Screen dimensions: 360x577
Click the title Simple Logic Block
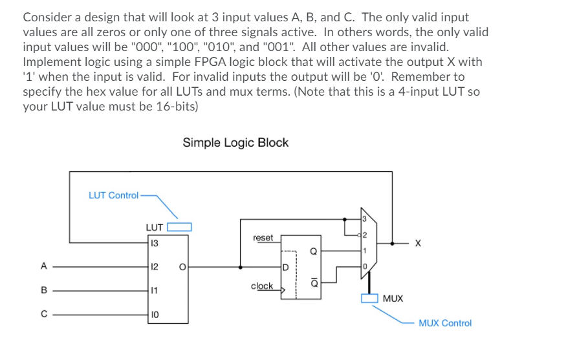coord(235,143)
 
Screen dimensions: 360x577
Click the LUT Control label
coord(113,195)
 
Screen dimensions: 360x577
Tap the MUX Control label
coord(445,323)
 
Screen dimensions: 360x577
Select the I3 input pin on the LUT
coord(153,243)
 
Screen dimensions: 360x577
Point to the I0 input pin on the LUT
coord(153,315)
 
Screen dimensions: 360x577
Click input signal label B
coord(43,291)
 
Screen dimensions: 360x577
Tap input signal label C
coord(43,315)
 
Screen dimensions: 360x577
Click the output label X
coord(418,244)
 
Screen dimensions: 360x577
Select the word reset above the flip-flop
coord(263,238)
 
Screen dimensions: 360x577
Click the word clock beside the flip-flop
coord(262,286)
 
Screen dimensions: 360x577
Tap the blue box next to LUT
coord(180,227)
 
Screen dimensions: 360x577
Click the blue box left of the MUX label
coord(369,298)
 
